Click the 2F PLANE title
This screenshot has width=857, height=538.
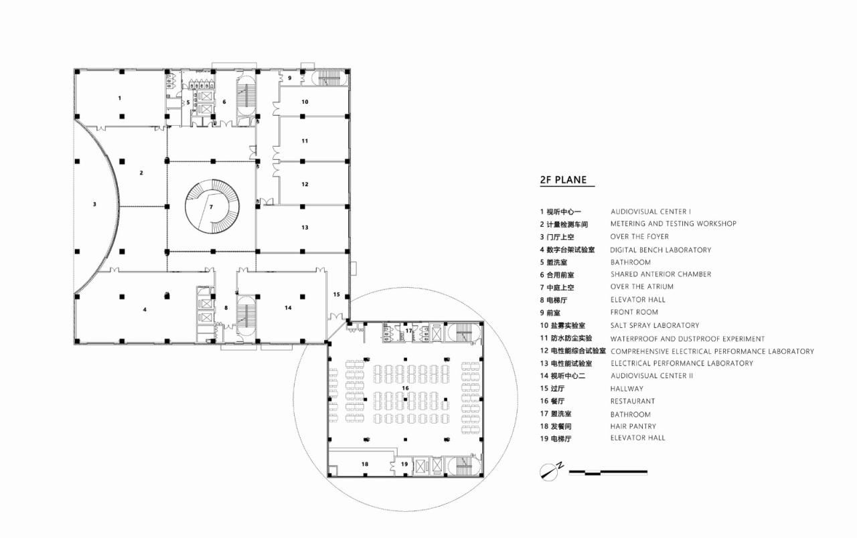(x=563, y=179)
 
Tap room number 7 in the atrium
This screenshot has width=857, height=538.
(x=211, y=207)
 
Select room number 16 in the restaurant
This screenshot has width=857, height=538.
(x=404, y=388)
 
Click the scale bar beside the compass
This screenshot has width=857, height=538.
(x=608, y=472)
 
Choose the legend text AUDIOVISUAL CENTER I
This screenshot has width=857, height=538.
(x=650, y=211)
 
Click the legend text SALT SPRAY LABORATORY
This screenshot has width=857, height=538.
(x=654, y=325)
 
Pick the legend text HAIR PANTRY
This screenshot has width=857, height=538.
(x=633, y=426)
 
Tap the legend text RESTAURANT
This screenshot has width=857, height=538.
(x=632, y=401)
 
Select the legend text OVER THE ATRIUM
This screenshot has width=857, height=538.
(x=641, y=286)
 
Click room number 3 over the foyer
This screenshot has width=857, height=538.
(x=94, y=204)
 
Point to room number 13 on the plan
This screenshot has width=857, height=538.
(x=305, y=228)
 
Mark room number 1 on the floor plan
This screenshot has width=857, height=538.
(x=120, y=98)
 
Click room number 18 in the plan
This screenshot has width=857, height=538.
(x=365, y=464)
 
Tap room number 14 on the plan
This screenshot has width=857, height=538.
(x=288, y=308)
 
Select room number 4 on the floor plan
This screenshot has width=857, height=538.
(x=144, y=310)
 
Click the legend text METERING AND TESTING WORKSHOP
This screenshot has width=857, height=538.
(x=673, y=223)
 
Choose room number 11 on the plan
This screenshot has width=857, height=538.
(x=305, y=141)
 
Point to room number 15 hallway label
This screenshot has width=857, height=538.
(x=337, y=294)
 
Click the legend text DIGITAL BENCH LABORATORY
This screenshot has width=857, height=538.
(x=660, y=250)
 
